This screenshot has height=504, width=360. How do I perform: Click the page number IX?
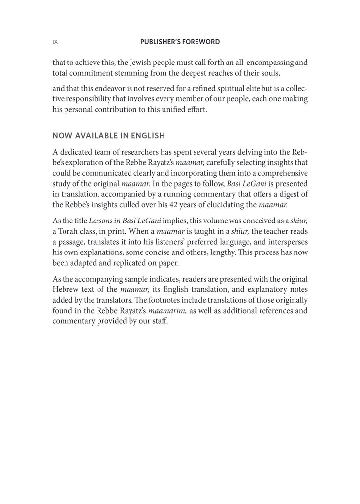(x=55, y=42)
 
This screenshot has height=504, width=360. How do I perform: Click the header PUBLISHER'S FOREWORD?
(x=180, y=42)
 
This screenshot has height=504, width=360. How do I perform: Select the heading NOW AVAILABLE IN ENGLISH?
(x=109, y=136)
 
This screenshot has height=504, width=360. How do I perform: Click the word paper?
(x=168, y=263)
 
